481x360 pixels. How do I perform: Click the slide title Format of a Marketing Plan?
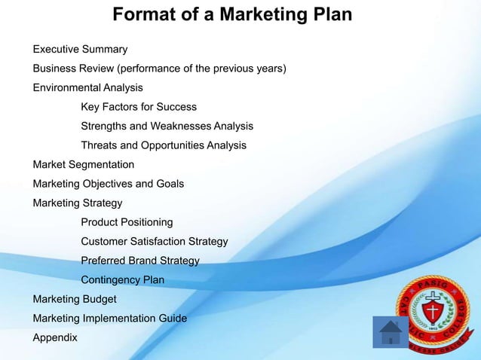[x=232, y=15]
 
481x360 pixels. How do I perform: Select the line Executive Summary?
[x=80, y=50]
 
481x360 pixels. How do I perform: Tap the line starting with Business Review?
[x=159, y=69]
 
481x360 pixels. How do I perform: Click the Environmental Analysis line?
[x=87, y=88]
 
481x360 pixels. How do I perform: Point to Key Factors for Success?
[x=139, y=107]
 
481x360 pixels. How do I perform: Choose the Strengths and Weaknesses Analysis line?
[x=167, y=127]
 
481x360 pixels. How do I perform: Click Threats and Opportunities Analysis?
[x=164, y=145]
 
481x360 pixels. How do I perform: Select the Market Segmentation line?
[x=84, y=165]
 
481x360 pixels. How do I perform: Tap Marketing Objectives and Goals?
[x=108, y=184]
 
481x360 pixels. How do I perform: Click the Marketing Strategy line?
[x=77, y=203]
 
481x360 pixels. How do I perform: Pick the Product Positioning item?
[x=127, y=222]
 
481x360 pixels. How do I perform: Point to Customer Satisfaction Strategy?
[x=154, y=242]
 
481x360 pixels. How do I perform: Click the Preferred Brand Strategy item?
[x=140, y=261]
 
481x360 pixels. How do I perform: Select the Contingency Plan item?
[x=122, y=280]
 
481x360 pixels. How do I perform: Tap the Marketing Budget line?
[x=74, y=299]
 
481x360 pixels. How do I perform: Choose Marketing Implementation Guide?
[x=109, y=319]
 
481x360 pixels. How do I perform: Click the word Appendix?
[x=55, y=338]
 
